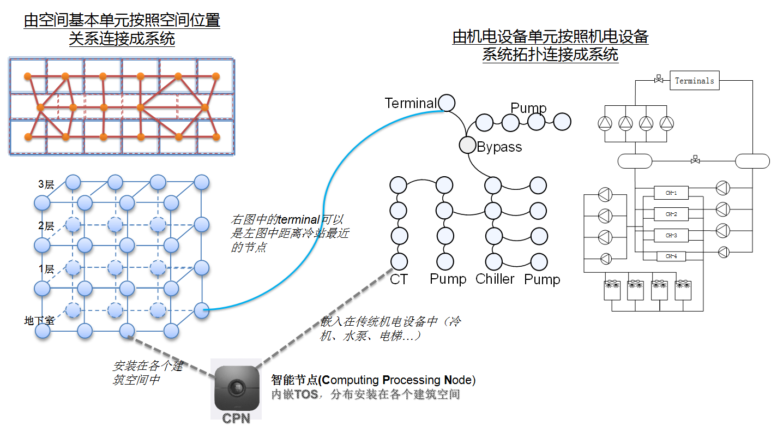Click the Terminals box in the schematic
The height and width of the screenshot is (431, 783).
click(694, 81)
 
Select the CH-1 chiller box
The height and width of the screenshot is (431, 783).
click(671, 193)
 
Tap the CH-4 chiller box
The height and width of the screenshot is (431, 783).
click(671, 256)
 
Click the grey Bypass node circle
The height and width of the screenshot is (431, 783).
click(467, 145)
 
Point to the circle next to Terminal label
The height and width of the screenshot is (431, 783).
click(447, 103)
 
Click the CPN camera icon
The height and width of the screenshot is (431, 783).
click(236, 388)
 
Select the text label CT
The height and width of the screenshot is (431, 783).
click(399, 279)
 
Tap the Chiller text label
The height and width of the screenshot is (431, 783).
click(495, 279)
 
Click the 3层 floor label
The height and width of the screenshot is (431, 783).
click(46, 184)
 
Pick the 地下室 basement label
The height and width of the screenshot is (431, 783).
click(39, 320)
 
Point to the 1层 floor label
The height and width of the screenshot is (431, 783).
click(46, 268)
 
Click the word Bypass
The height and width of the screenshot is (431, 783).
click(499, 147)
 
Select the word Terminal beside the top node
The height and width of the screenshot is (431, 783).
click(411, 103)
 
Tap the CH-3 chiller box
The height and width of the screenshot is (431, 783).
click(671, 235)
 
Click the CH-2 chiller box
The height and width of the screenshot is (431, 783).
click(671, 214)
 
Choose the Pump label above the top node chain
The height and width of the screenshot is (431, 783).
click(528, 108)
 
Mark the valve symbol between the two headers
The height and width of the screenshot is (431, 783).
click(695, 160)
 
